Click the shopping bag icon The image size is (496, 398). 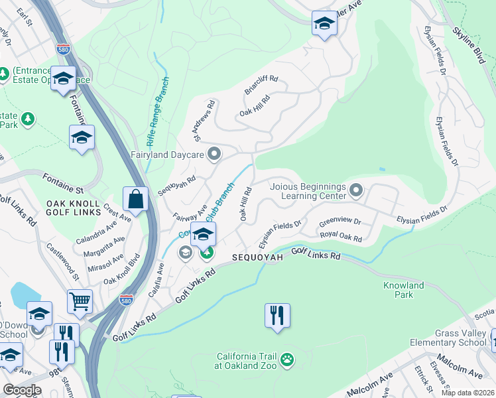(135, 199)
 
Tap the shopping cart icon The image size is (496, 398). (80, 300)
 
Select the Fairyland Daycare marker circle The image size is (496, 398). (214, 155)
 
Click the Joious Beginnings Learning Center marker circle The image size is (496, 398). (356, 192)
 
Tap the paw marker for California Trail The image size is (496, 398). (286, 360)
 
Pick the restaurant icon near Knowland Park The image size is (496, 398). (277, 314)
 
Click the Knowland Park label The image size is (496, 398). (403, 291)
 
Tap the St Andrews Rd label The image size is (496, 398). (205, 121)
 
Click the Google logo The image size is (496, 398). (23, 389)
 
